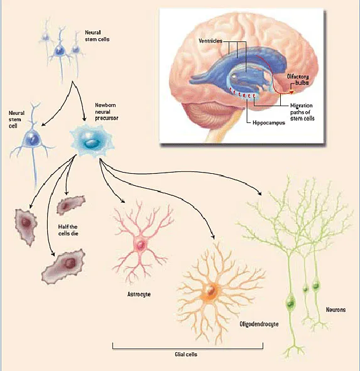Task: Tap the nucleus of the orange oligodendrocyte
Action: (x=209, y=291)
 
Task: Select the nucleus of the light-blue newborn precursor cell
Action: (x=91, y=142)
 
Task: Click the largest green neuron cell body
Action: (x=290, y=303)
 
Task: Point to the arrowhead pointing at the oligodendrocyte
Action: (x=213, y=237)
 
